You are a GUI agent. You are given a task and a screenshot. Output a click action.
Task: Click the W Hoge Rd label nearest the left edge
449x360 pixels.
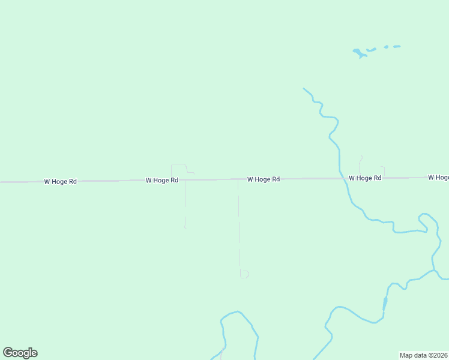pyautogui.click(x=60, y=181)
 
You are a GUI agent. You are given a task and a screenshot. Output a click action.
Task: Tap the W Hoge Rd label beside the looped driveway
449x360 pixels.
pyautogui.click(x=161, y=180)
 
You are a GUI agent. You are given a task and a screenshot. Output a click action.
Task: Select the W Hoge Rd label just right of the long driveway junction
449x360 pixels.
pyautogui.click(x=263, y=179)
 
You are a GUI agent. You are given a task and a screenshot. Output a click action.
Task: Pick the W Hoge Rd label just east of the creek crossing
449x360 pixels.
pyautogui.click(x=364, y=178)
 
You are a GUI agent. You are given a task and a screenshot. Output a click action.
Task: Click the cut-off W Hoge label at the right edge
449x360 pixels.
pyautogui.click(x=438, y=178)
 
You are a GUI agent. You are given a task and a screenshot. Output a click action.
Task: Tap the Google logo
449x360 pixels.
pyautogui.click(x=20, y=353)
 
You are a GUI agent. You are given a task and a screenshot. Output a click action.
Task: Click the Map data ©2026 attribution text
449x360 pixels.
pyautogui.click(x=423, y=355)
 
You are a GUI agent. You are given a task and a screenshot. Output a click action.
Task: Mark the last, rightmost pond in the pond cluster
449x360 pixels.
pyautogui.click(x=396, y=46)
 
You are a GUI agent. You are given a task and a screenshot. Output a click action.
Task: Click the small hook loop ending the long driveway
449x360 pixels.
pyautogui.click(x=244, y=274)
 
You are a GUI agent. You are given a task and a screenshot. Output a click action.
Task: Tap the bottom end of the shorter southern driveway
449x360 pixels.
pyautogui.click(x=185, y=227)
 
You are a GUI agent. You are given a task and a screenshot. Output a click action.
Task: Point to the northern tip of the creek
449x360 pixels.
pyautogui.click(x=304, y=89)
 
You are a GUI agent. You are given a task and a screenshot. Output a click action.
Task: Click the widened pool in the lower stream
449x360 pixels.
pyautogui.click(x=385, y=304)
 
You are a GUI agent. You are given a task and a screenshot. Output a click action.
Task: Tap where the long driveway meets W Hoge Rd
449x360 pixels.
pyautogui.click(x=238, y=179)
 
